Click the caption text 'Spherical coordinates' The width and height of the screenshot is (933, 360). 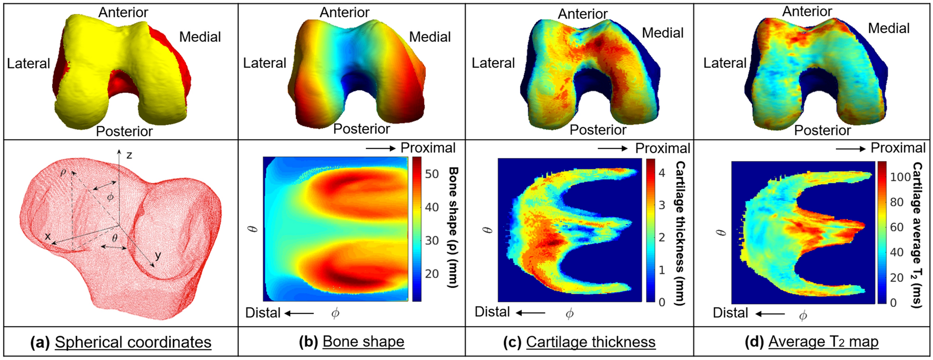[133, 342]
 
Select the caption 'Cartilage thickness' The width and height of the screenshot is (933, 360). [591, 342]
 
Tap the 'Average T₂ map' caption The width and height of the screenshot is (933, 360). [823, 342]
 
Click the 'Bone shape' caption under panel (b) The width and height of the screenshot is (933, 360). [363, 342]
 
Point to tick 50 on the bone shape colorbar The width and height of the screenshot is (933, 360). [432, 174]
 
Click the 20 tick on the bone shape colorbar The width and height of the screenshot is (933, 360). [432, 273]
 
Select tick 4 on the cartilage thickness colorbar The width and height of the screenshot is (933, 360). [662, 173]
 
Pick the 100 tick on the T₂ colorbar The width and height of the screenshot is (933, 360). [900, 177]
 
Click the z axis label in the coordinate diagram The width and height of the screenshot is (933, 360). [129, 155]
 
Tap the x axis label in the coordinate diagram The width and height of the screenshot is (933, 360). [47, 236]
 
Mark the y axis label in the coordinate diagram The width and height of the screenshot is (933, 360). [158, 255]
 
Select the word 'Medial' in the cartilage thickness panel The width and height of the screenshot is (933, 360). [663, 33]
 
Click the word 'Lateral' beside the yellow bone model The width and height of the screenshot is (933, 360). [28, 63]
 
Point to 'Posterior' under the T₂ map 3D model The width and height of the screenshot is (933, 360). [822, 130]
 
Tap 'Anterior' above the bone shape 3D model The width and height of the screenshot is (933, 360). [345, 13]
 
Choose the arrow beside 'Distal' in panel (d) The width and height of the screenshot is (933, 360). [770, 314]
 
